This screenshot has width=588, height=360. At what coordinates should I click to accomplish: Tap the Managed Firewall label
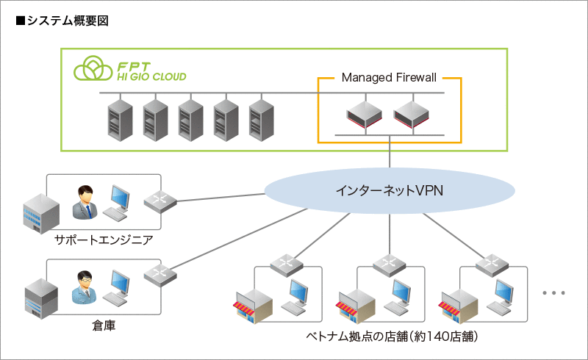tap(388, 77)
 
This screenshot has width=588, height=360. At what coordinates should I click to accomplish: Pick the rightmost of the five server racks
tap(260, 119)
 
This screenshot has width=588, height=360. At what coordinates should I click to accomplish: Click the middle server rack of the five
tap(190, 119)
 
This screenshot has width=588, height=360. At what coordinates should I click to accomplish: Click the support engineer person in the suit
tap(85, 202)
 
